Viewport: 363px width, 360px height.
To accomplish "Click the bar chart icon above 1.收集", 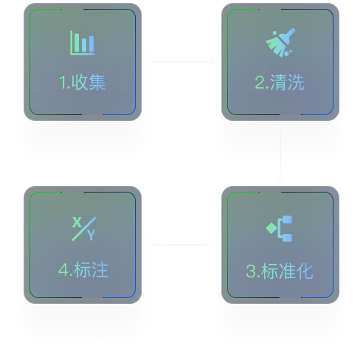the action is coord(83,43).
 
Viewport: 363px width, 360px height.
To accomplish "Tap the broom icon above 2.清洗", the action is coord(280,43).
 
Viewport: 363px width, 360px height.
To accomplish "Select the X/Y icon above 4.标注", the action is coord(84,229).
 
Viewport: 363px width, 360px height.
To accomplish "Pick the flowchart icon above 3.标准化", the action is coord(279,229).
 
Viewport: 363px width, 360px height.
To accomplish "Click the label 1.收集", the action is coord(82,83).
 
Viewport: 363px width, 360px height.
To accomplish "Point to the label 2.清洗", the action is coord(280,83).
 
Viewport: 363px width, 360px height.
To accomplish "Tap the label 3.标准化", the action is coord(280,271).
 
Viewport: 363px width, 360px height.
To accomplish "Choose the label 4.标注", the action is coord(83,270).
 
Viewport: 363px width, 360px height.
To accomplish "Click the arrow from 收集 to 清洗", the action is coord(181,62).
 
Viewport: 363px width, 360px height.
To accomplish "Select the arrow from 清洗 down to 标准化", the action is coord(280,153).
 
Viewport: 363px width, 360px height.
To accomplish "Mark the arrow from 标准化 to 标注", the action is coord(182,245).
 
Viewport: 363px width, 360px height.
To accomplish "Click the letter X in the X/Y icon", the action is coord(77,222).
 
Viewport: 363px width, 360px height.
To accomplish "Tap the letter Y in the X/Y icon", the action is coord(91,235).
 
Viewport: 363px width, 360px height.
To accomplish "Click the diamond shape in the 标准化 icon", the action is coord(272,228).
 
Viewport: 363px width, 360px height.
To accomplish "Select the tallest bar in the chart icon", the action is coord(77,43).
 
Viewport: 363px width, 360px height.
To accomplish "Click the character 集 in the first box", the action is coord(97,83).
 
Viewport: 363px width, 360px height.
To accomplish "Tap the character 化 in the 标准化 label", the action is coord(305,271).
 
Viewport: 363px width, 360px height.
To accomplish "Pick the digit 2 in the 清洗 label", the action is coord(260,83).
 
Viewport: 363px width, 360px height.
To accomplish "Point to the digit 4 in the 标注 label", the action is coord(64,270).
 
